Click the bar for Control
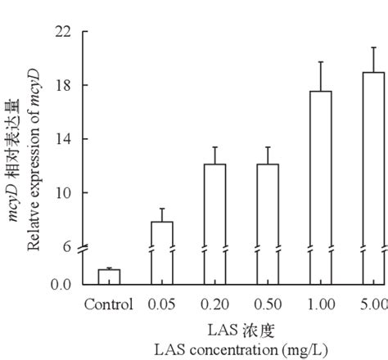109,277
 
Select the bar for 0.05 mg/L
162,253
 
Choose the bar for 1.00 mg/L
321,187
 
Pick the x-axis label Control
108,305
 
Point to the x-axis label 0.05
162,305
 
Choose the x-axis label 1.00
321,305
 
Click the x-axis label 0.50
268,305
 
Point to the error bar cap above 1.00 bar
321,62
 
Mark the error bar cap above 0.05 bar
162,209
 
